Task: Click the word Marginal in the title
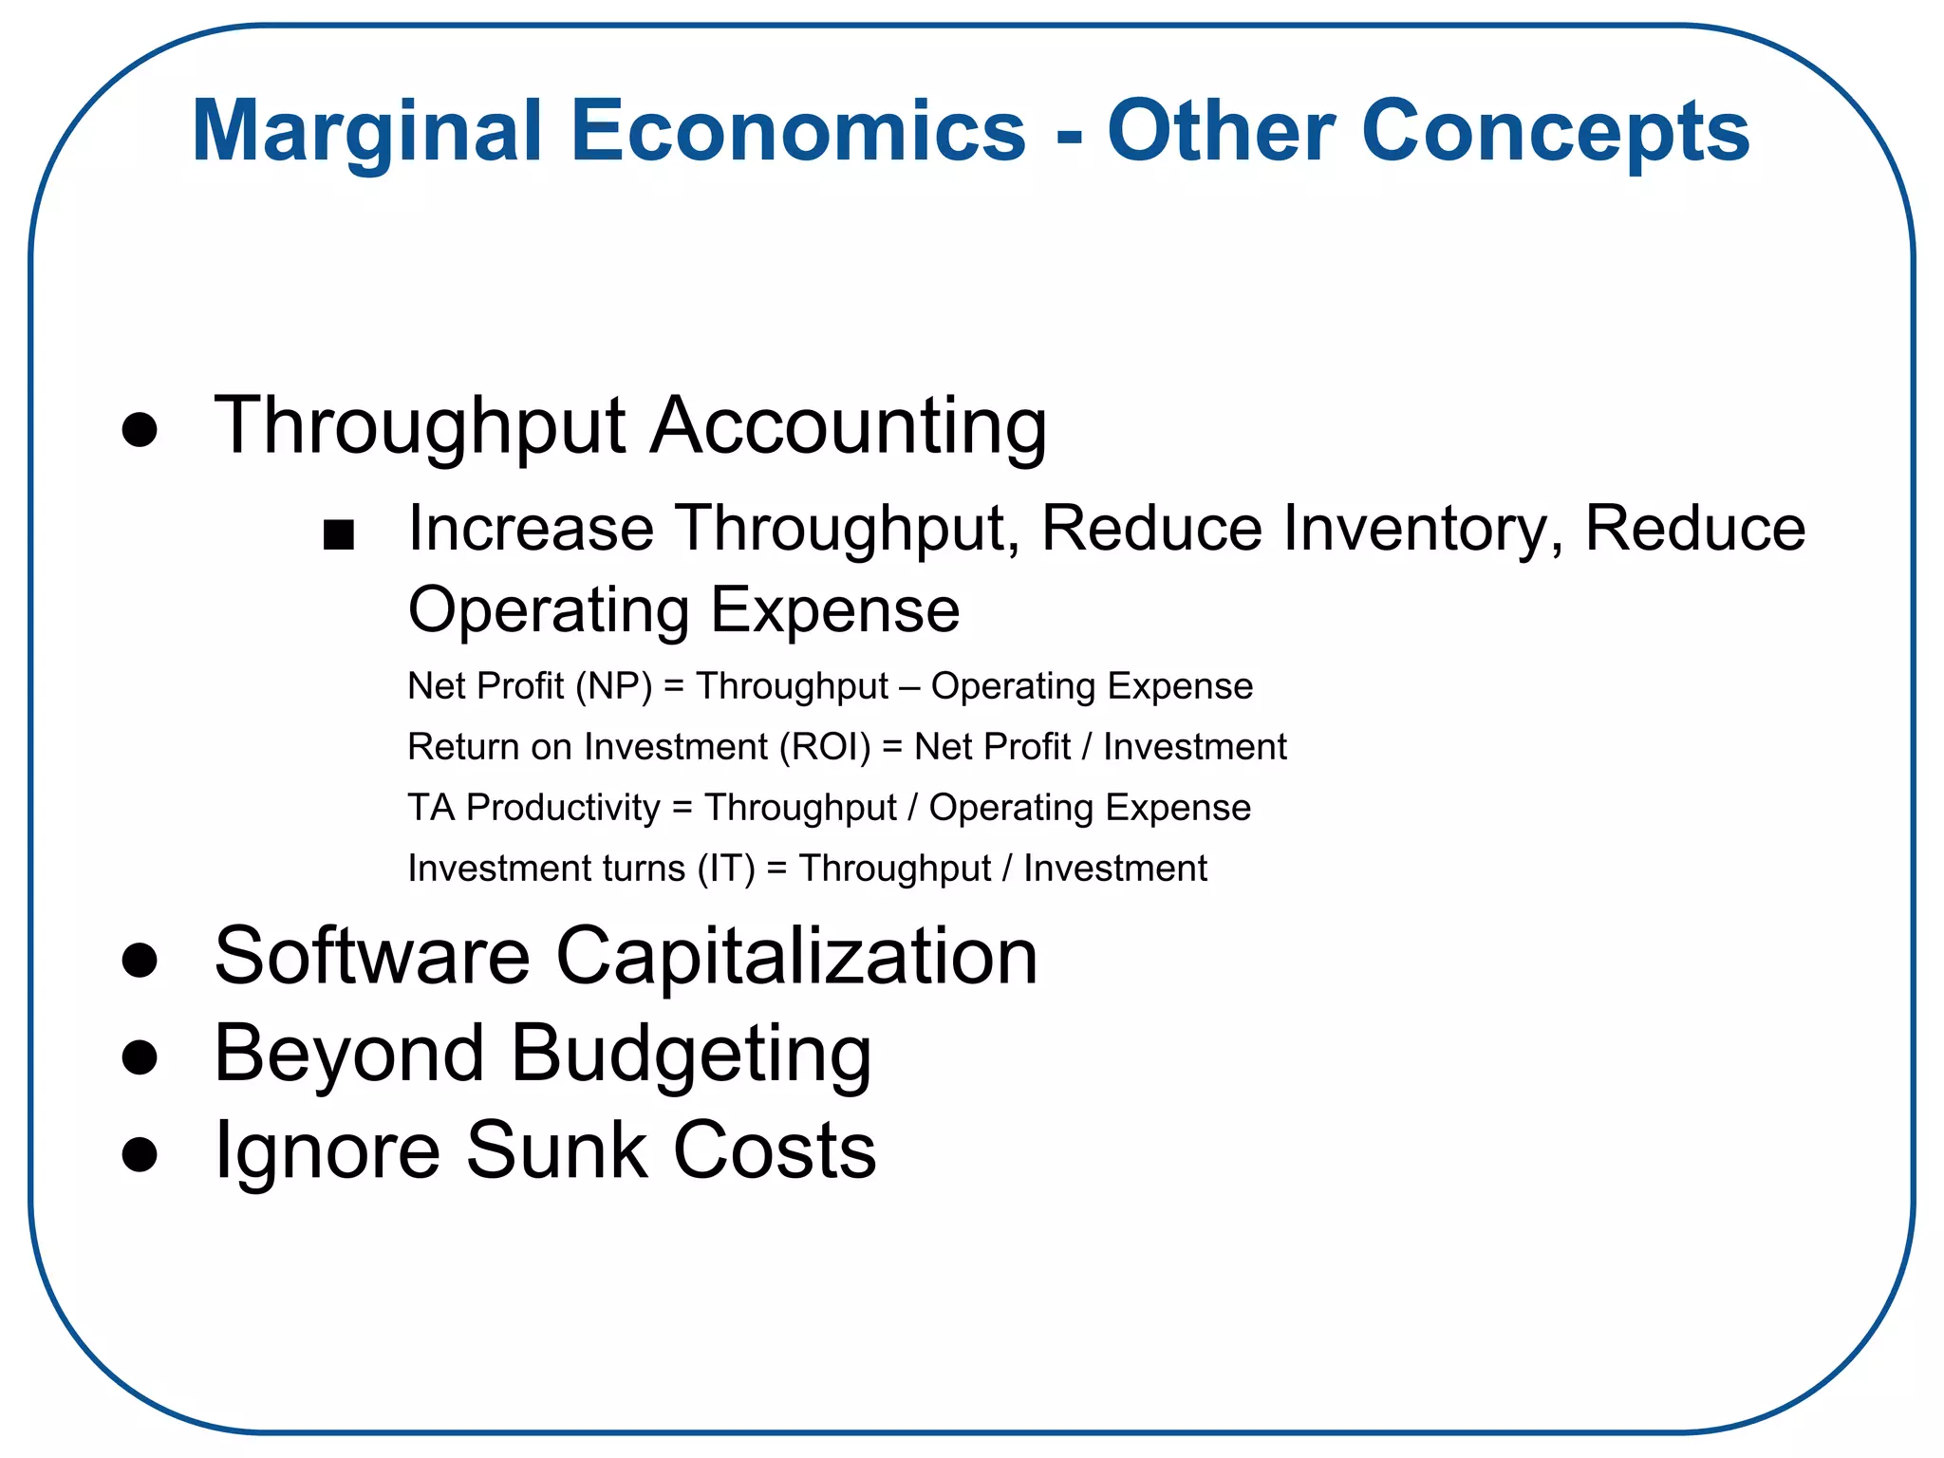tap(366, 133)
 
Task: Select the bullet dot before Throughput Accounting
tap(140, 429)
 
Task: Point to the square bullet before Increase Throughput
tap(339, 534)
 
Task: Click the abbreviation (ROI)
tap(825, 747)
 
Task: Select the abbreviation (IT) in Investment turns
tap(726, 869)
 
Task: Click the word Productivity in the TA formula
tap(563, 808)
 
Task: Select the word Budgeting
tap(691, 1056)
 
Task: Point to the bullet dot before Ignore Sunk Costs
tap(140, 1153)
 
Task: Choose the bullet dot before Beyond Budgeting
tap(140, 1056)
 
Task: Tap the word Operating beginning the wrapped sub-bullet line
tap(548, 610)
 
